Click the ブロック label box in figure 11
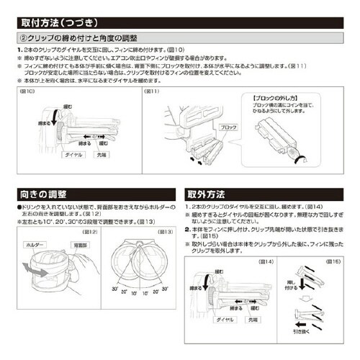pyautogui.click(x=230, y=127)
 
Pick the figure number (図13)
pyautogui.click(x=164, y=232)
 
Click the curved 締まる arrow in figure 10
pyautogui.click(x=50, y=120)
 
